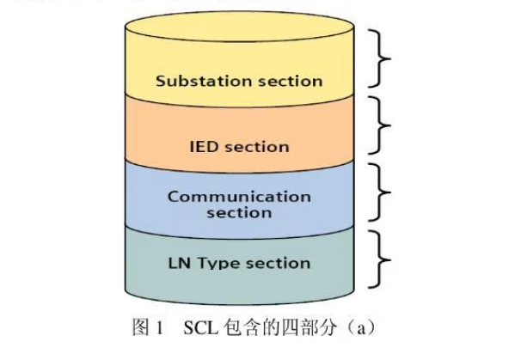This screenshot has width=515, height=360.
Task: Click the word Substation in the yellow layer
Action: [x=205, y=81]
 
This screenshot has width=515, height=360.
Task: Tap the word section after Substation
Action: [x=291, y=82]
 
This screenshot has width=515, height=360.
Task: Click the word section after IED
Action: [x=257, y=147]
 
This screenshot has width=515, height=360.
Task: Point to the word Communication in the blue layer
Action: [x=239, y=197]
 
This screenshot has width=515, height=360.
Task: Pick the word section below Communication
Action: [x=239, y=213]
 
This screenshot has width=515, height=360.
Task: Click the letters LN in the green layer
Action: [x=180, y=263]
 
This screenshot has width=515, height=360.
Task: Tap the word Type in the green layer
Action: [x=218, y=264]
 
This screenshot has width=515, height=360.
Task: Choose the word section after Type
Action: [x=279, y=264]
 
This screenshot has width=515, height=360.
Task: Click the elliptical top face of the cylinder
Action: [x=239, y=27]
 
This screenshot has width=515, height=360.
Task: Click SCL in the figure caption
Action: [x=200, y=327]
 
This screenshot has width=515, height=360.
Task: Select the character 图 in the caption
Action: [x=141, y=327]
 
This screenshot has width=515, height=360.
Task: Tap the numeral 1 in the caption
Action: [x=160, y=327]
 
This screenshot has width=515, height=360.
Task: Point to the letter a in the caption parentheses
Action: [x=361, y=329]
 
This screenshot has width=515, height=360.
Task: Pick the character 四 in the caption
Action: [x=290, y=327]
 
